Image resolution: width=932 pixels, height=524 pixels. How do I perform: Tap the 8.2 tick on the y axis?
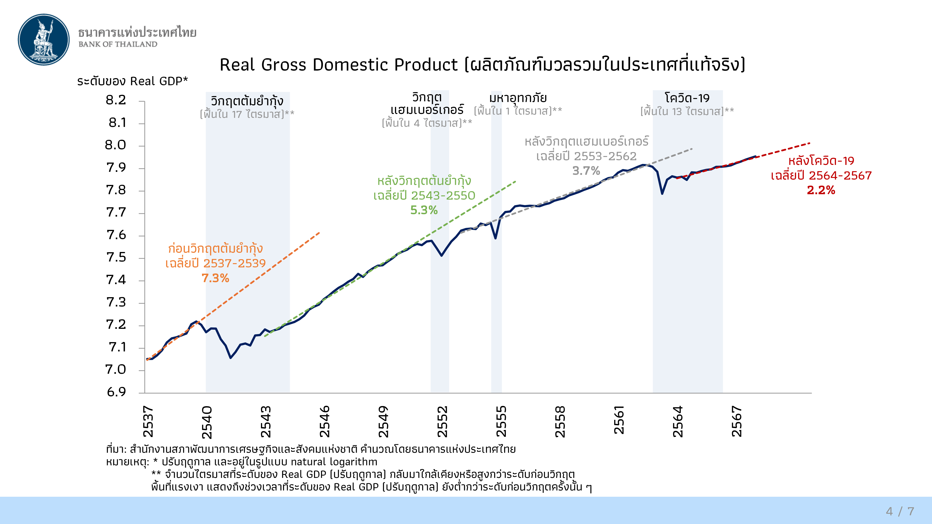(116, 100)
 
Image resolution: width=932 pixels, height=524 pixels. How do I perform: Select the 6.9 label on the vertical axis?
(116, 392)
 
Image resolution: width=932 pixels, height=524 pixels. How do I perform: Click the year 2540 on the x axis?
(207, 422)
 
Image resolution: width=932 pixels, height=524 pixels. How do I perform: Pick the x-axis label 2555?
(501, 422)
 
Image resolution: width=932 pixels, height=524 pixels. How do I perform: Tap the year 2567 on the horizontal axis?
(737, 422)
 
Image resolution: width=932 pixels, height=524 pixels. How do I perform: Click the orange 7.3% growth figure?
(215, 278)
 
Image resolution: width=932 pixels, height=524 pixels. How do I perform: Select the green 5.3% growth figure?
(424, 210)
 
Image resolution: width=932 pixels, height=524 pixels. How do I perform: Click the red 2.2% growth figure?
(821, 190)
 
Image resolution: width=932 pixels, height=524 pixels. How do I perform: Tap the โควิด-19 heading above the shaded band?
(687, 98)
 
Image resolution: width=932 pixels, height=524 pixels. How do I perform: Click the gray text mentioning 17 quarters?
(247, 114)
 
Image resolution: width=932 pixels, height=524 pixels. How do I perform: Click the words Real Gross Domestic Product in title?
(339, 65)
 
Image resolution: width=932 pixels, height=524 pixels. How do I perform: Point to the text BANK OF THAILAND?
(118, 44)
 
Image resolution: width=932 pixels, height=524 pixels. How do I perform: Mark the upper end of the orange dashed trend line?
(319, 232)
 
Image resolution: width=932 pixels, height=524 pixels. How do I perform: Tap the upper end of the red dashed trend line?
(810, 143)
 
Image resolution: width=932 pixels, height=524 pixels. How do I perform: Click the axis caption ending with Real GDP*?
(132, 81)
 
